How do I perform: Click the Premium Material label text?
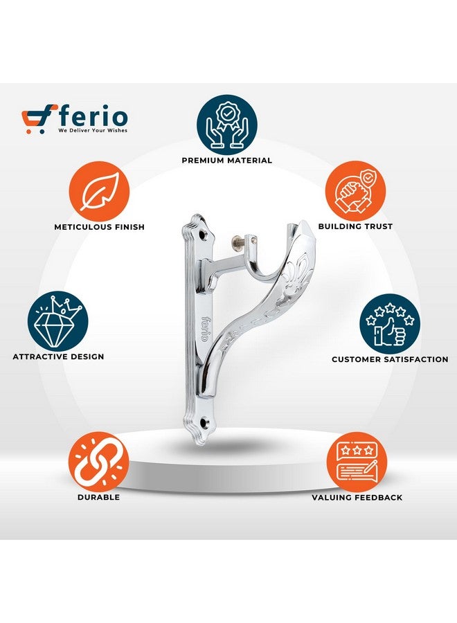click(227, 161)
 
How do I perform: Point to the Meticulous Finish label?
click(99, 227)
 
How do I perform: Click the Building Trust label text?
click(355, 227)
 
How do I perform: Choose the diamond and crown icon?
click(58, 322)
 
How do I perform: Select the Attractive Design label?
click(58, 357)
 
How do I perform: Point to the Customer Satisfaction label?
click(389, 360)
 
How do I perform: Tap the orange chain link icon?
click(99, 462)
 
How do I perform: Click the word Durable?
click(99, 497)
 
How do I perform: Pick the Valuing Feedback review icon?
click(357, 462)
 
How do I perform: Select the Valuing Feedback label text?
click(357, 497)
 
